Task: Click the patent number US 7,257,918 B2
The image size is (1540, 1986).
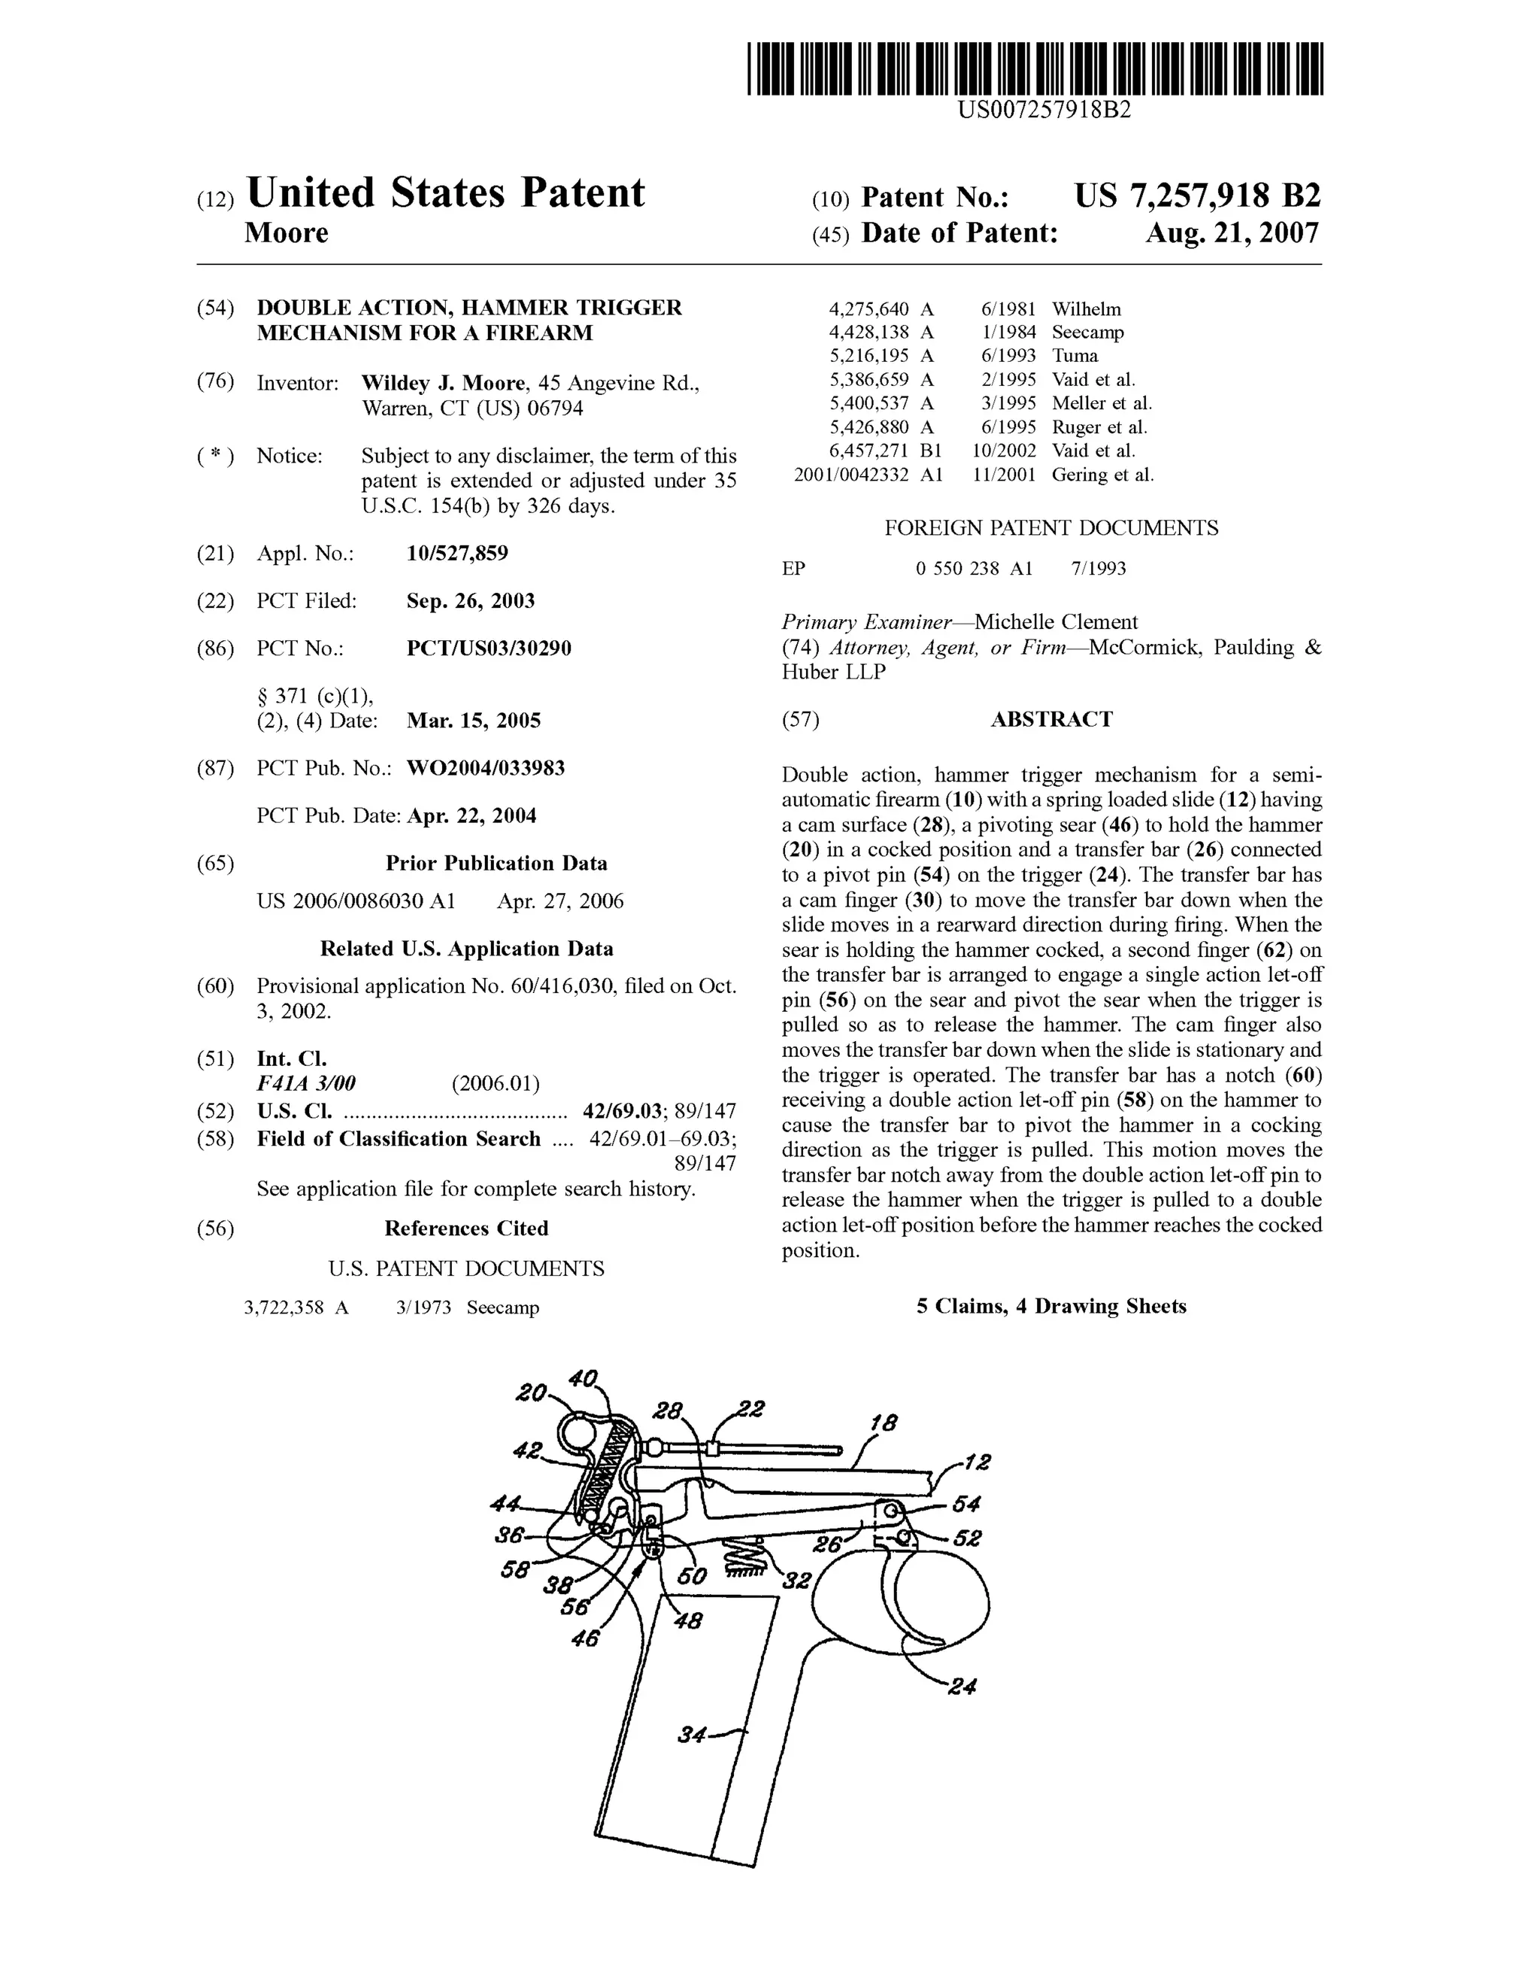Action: tap(1196, 196)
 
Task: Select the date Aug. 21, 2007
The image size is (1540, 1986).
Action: tap(1231, 234)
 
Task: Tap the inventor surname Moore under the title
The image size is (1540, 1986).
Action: tap(286, 234)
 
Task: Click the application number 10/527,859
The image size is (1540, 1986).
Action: tap(457, 553)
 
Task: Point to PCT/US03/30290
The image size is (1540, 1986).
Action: tap(489, 648)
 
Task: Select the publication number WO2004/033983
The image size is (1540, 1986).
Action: tap(486, 768)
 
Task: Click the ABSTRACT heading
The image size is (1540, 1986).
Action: tap(1051, 719)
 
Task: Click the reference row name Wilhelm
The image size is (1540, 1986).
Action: tap(1087, 309)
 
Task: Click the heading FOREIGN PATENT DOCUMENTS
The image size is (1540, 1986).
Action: tap(1051, 528)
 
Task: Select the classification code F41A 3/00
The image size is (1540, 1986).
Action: tap(306, 1083)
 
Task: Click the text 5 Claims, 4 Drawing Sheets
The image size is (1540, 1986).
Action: tap(1051, 1307)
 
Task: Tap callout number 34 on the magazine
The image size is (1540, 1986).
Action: tap(692, 1735)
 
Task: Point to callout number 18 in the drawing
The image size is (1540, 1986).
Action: tap(882, 1423)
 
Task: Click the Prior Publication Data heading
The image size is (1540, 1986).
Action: tap(496, 863)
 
